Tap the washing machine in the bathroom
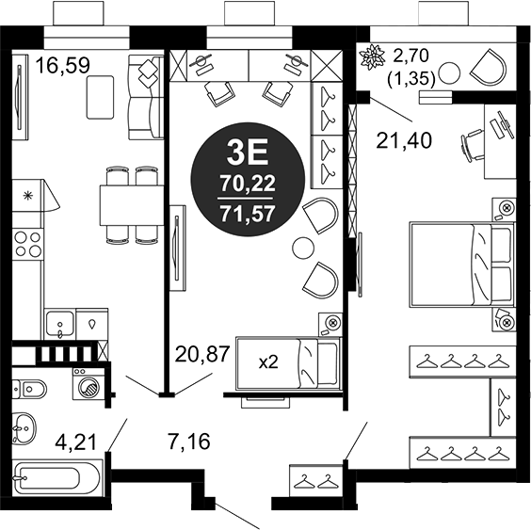pyautogui.click(x=89, y=385)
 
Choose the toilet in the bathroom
pyautogui.click(x=33, y=386)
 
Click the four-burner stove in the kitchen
pyautogui.click(x=27, y=244)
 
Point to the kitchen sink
pyautogui.click(x=61, y=323)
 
